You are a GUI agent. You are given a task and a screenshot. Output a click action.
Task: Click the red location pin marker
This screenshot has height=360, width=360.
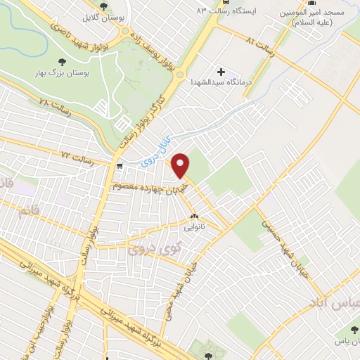click(181, 164)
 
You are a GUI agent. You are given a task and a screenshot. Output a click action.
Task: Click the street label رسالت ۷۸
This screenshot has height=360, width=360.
click(54, 104)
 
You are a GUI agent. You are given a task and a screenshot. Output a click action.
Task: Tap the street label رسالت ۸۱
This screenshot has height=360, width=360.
click(259, 41)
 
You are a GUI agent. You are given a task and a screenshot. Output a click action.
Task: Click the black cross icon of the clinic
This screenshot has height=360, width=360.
click(222, 72)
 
